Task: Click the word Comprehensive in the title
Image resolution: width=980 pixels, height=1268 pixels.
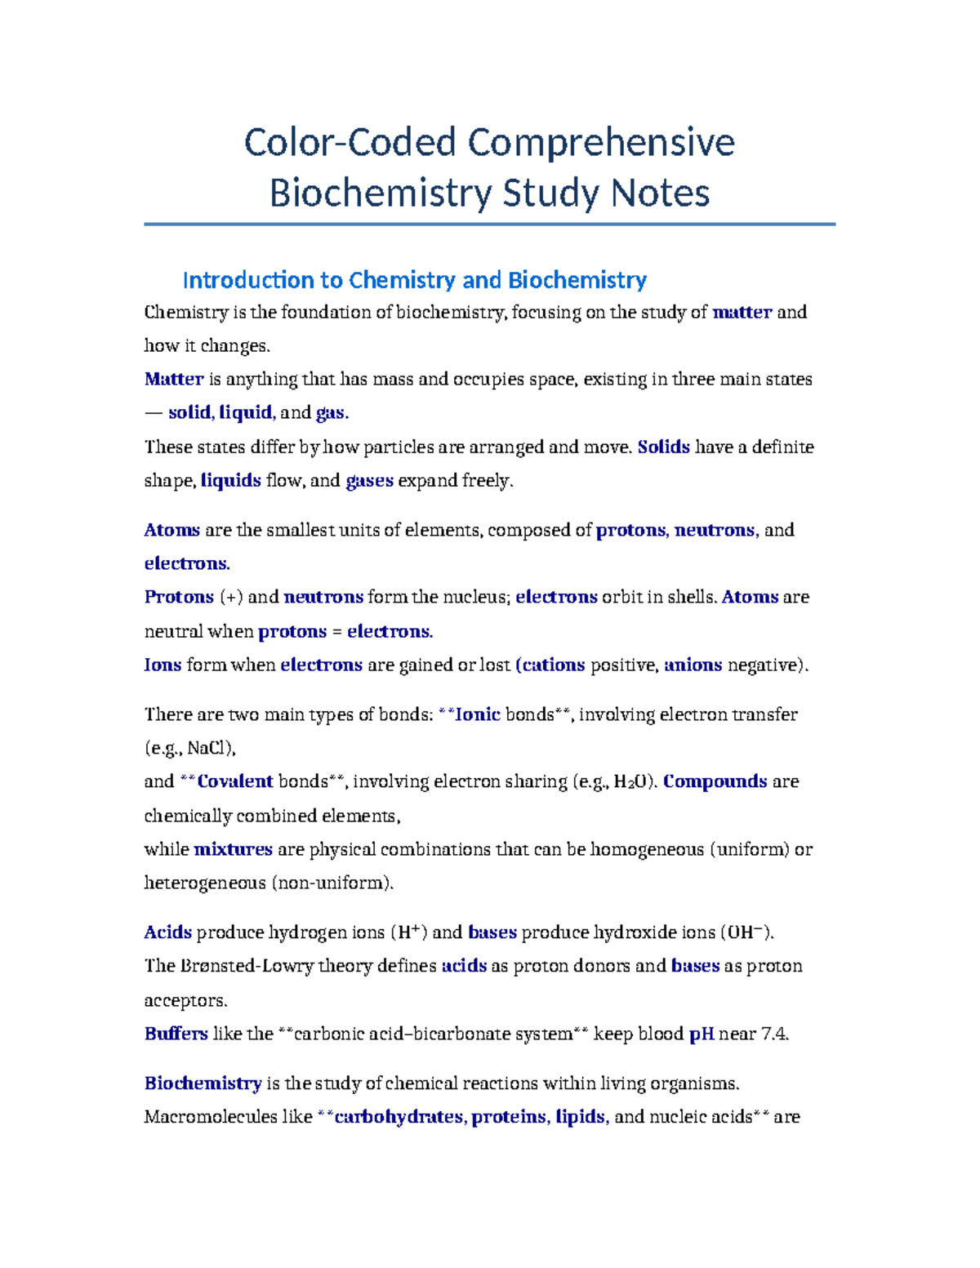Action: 601,143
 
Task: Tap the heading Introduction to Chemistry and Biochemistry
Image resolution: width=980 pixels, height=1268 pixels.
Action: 414,280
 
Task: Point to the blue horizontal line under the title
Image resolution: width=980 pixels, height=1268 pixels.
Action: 489,224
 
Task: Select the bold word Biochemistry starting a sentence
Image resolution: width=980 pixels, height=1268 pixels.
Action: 203,1083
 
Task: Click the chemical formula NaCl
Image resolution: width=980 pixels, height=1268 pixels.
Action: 210,748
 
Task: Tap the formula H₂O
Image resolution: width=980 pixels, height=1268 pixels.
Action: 635,782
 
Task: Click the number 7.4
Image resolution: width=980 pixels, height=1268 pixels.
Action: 773,1034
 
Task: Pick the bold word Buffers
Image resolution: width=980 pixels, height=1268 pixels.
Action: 176,1034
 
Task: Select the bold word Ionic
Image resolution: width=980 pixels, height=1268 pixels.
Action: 477,714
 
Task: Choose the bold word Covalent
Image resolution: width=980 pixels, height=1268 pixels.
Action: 234,781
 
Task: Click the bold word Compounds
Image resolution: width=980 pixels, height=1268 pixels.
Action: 715,781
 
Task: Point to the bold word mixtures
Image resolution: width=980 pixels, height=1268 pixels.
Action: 233,849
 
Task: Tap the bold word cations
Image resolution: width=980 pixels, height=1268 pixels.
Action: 553,665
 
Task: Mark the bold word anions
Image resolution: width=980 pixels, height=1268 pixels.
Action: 693,665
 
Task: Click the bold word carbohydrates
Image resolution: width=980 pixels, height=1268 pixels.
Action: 399,1117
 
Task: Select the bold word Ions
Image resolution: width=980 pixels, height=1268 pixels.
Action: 163,665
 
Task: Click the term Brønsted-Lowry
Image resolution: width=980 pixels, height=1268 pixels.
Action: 243,966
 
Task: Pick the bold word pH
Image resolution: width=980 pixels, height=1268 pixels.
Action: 702,1034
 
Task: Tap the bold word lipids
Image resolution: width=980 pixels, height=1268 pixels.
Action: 580,1117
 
